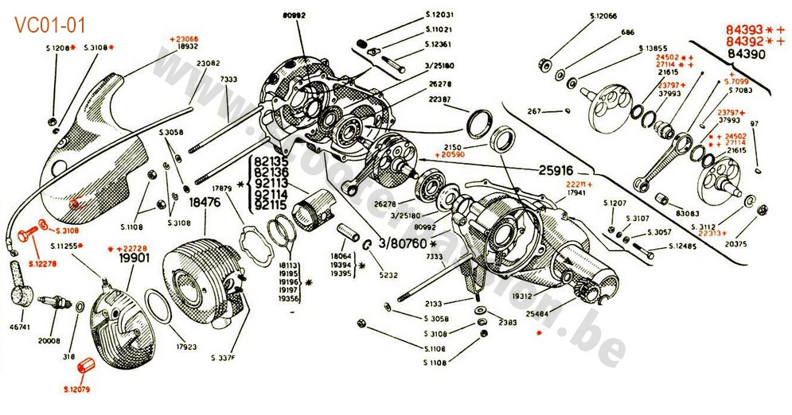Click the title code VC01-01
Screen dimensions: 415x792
(x=49, y=25)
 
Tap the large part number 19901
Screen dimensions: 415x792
(x=135, y=258)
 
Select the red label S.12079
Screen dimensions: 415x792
(x=79, y=390)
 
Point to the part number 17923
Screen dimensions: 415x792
(x=187, y=347)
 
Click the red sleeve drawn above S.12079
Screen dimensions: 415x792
(x=85, y=369)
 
